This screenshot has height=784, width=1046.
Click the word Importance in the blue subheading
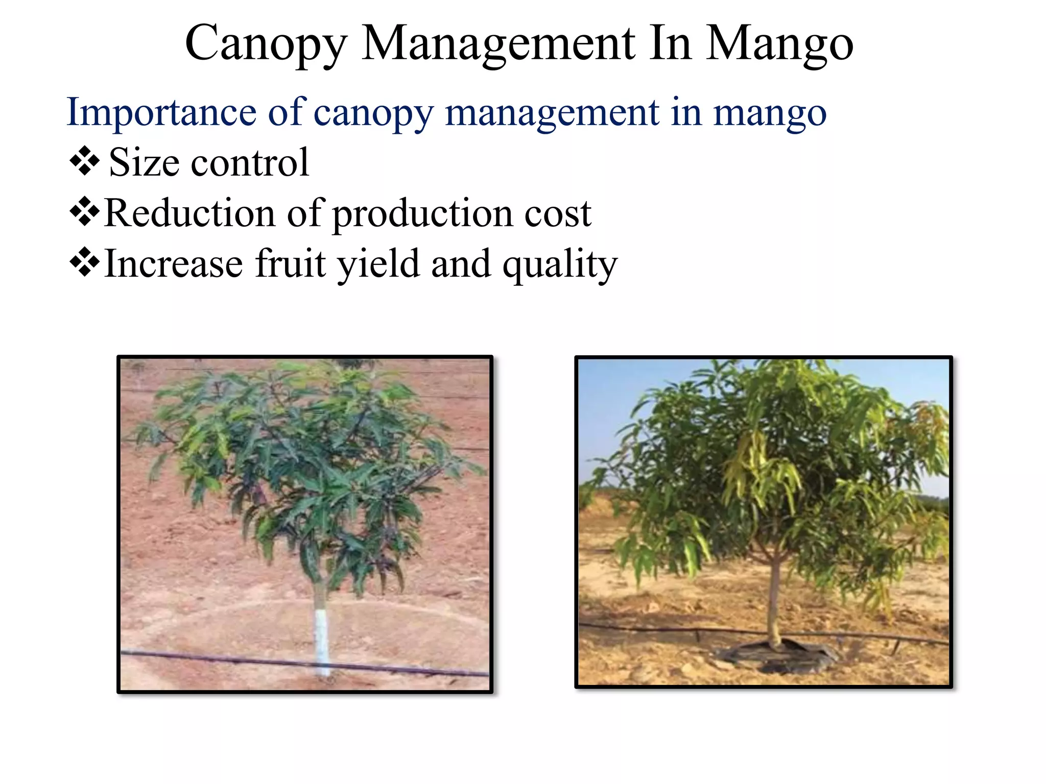pyautogui.click(x=161, y=113)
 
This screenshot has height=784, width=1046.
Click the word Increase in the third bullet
pyautogui.click(x=173, y=264)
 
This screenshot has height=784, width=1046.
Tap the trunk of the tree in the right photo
pyautogui.click(x=774, y=597)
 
